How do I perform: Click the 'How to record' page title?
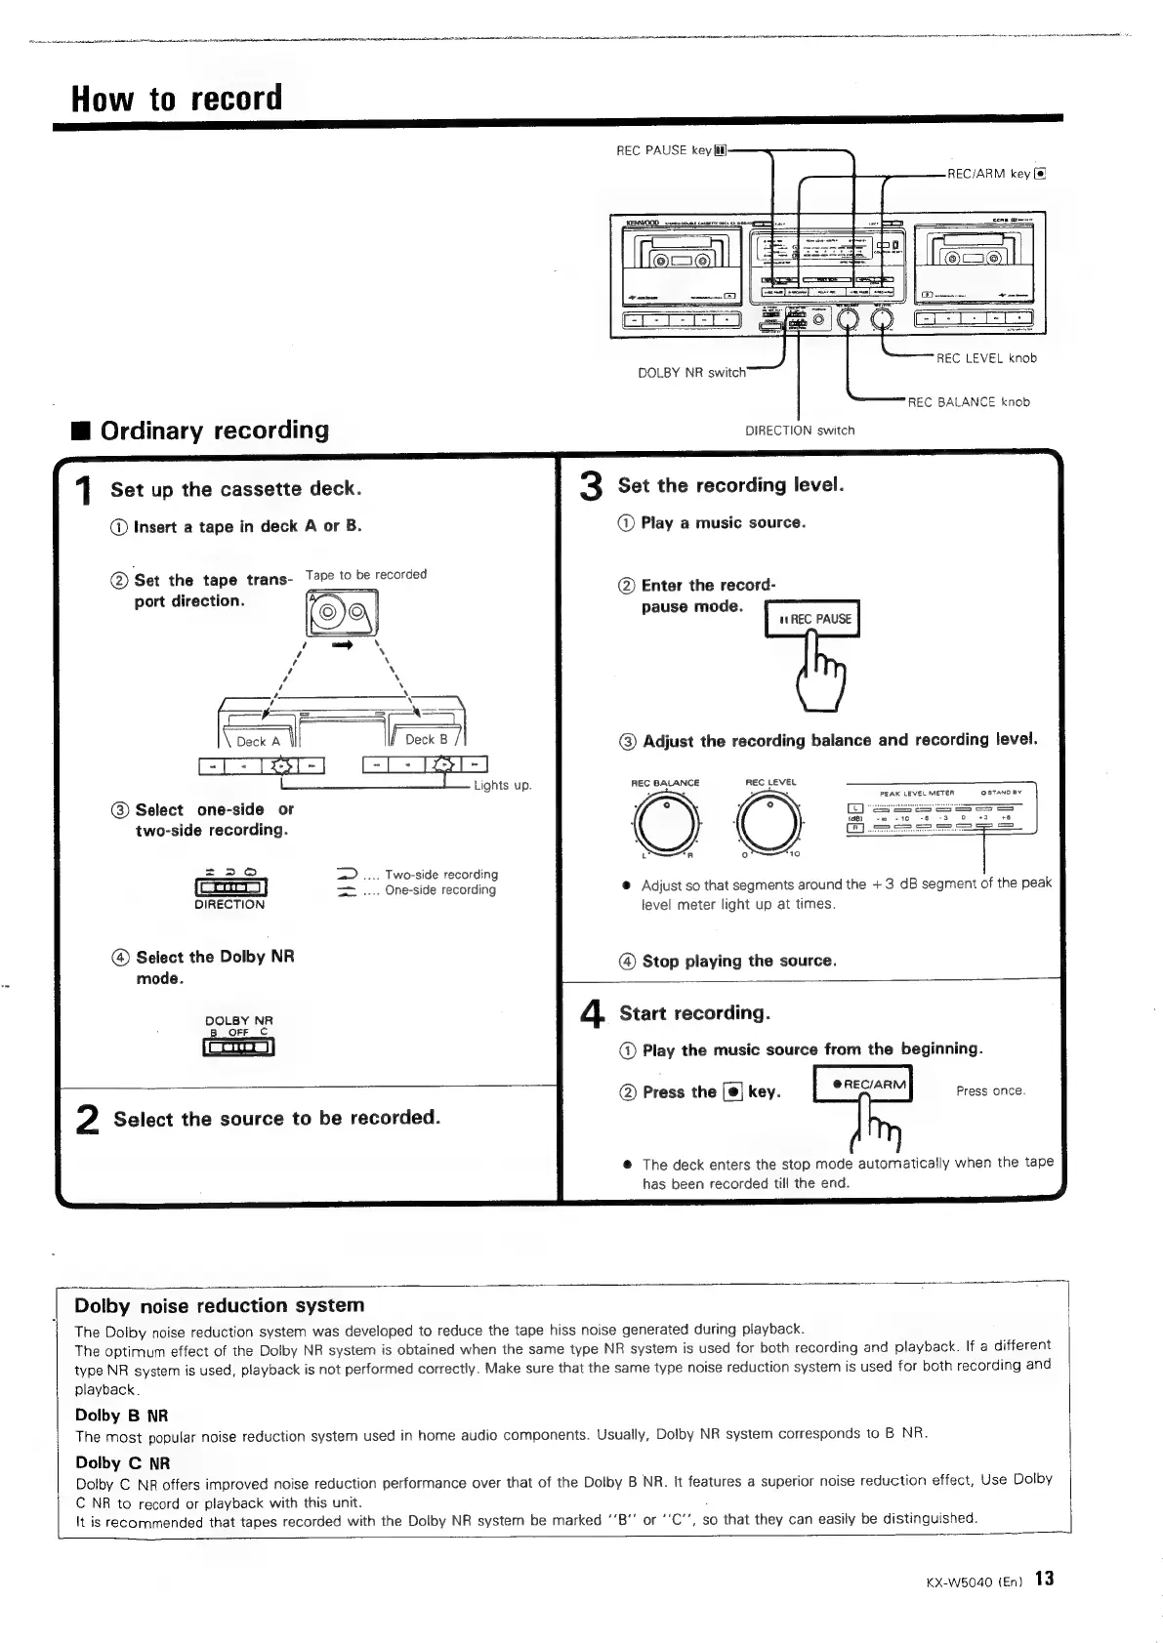click(177, 98)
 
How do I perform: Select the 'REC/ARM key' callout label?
click(996, 174)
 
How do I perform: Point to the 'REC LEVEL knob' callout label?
click(986, 358)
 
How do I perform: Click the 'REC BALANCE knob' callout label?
click(969, 401)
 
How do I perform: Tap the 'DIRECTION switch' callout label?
click(799, 431)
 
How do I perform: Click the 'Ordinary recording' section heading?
click(215, 431)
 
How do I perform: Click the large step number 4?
click(591, 1018)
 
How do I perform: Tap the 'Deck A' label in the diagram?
click(258, 742)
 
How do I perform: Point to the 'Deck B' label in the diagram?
click(426, 740)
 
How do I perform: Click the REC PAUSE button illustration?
click(812, 619)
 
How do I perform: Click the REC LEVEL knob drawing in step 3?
click(770, 821)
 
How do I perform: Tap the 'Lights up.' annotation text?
click(502, 786)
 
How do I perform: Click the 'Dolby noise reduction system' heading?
click(220, 1306)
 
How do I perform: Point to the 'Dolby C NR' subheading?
click(122, 1462)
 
